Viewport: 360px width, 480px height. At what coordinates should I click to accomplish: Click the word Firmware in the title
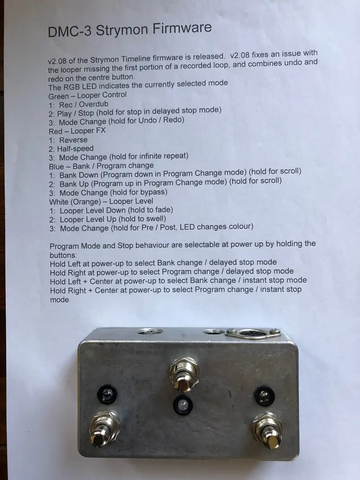182,28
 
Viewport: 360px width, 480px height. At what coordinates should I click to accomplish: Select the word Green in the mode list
58,96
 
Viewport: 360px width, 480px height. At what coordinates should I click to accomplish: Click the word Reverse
73,140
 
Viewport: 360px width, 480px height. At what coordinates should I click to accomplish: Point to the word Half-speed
75,149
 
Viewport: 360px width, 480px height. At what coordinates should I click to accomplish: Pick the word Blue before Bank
56,167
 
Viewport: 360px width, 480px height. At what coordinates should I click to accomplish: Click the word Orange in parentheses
88,202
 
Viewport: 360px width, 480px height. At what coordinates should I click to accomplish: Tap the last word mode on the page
59,300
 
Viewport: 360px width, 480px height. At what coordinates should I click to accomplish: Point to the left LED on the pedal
107,395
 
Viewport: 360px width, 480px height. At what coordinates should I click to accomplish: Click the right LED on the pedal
264,396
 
